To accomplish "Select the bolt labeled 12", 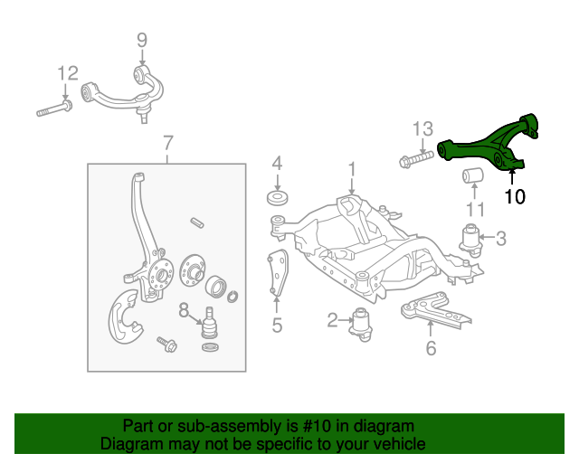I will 55,112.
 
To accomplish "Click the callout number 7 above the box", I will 167,142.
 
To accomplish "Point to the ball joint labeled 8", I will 209,321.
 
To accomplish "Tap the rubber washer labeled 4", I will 278,199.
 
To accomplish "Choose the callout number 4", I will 278,164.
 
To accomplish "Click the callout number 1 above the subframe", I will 352,168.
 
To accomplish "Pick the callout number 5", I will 277,325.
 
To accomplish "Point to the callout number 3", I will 501,239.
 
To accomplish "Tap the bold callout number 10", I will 514,196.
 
